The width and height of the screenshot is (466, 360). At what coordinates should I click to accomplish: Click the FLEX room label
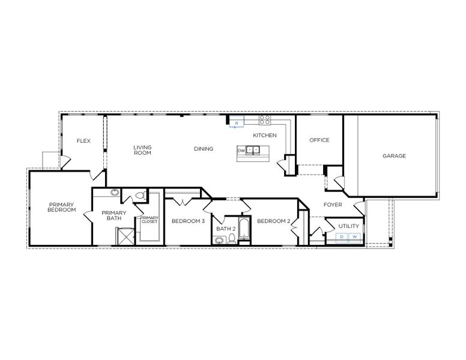83,141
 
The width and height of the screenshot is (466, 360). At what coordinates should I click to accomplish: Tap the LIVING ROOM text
142,150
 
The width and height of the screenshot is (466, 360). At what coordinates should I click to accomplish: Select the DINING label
204,149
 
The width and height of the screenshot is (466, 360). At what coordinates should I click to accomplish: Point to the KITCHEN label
264,136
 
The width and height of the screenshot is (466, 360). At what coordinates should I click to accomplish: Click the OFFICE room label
319,140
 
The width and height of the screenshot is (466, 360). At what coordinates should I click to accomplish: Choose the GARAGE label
395,156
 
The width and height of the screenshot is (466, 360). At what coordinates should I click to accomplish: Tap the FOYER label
333,205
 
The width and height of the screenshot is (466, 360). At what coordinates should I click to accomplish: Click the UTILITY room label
348,226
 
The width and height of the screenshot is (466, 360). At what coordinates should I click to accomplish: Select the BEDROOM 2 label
274,221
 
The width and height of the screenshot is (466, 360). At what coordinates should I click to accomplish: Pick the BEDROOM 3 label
188,221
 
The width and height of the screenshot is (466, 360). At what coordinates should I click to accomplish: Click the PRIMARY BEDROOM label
62,207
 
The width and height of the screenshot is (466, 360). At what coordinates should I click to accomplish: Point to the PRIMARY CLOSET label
149,220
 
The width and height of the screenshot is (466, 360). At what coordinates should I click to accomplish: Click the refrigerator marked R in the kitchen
237,123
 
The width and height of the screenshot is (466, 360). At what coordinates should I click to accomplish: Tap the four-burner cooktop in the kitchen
265,119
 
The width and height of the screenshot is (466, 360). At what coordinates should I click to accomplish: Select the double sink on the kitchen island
254,150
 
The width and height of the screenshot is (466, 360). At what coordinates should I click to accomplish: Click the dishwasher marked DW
241,150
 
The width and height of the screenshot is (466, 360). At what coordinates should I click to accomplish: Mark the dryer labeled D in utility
341,237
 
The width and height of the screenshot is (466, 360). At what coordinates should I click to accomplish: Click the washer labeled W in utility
354,237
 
